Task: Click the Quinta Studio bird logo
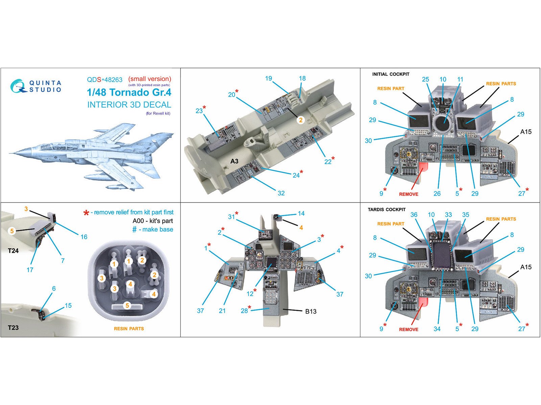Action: tap(18, 86)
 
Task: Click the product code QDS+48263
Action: tap(104, 80)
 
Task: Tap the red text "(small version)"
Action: tap(149, 79)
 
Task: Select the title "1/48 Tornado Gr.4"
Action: tap(129, 92)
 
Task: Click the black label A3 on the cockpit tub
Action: tap(234, 161)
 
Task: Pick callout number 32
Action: tap(281, 193)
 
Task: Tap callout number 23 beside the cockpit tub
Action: tap(199, 111)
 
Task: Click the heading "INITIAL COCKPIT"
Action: tap(391, 74)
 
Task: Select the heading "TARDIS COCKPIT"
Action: tap(386, 210)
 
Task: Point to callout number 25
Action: tap(425, 79)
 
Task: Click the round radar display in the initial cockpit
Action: tap(443, 125)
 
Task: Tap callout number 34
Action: tap(437, 329)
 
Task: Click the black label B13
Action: tap(311, 312)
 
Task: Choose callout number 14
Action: tap(301, 213)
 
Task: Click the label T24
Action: tap(14, 251)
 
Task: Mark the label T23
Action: tap(13, 327)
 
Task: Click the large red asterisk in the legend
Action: tap(86, 213)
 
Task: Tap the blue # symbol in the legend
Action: tap(135, 230)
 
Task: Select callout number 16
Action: tap(84, 237)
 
